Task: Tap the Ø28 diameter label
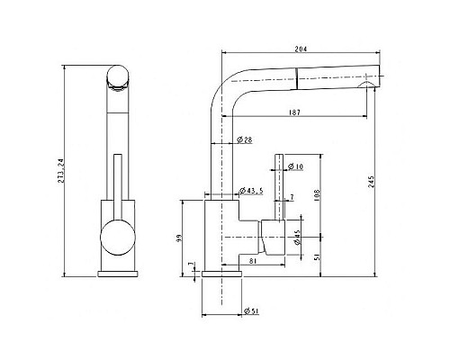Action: point(244,139)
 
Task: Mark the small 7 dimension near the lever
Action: point(291,197)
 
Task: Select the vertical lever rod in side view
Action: point(277,184)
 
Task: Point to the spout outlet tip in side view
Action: point(370,85)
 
